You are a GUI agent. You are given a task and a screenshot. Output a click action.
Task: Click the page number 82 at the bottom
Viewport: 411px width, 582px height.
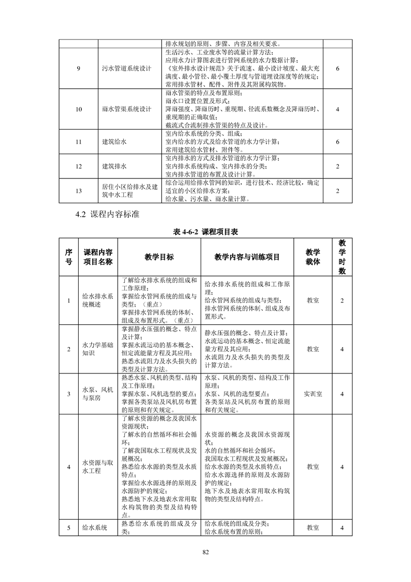(x=205, y=551)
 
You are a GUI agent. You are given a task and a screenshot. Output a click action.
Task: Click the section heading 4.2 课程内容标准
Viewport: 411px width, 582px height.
(x=107, y=214)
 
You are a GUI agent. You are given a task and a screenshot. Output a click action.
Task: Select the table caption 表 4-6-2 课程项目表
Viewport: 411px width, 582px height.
(x=205, y=232)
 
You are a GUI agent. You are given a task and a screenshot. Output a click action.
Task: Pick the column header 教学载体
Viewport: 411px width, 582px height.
(x=313, y=257)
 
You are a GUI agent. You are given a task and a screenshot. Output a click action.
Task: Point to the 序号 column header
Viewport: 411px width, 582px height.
(x=68, y=257)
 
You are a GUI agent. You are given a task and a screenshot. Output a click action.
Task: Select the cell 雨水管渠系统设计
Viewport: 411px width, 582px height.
(x=127, y=109)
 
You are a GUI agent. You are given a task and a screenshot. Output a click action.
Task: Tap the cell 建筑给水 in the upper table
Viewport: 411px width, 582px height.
(x=115, y=142)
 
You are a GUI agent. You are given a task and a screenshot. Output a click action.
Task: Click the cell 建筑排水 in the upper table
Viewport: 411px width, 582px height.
(x=115, y=167)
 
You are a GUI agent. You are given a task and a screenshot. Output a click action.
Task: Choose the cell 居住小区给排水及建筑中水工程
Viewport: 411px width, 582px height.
(x=130, y=190)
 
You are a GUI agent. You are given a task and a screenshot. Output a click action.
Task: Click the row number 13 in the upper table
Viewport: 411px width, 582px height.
(x=79, y=190)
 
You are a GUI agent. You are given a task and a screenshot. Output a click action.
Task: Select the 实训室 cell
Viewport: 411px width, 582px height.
(x=313, y=394)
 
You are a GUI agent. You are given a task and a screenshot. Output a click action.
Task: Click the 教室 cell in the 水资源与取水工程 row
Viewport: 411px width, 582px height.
(x=313, y=466)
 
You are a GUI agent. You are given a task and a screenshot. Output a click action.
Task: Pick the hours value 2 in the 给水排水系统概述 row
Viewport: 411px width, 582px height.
(x=342, y=300)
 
